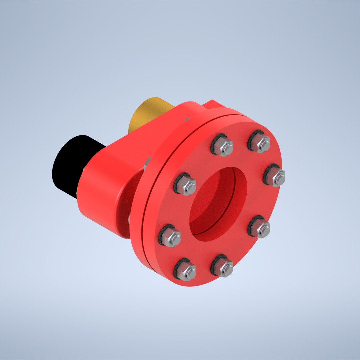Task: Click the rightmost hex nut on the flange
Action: [276, 177]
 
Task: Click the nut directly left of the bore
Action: [186, 186]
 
